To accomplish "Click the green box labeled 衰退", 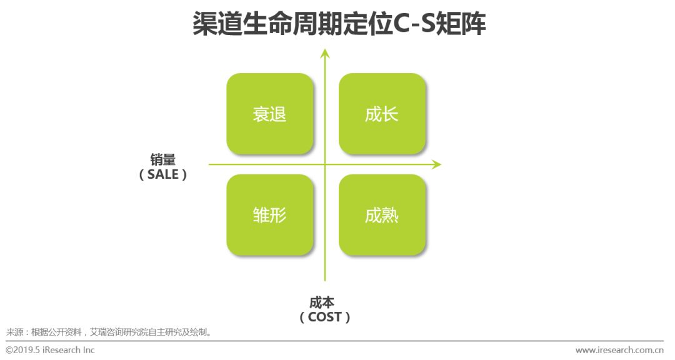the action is (x=269, y=114).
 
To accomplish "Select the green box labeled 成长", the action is (x=382, y=114).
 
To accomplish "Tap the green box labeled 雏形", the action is (x=269, y=215).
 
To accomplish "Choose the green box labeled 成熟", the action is (x=382, y=215).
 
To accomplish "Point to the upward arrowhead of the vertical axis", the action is (x=325, y=52).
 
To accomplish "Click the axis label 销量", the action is (x=162, y=159).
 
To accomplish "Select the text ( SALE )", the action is (x=162, y=175).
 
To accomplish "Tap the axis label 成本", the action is (x=325, y=302).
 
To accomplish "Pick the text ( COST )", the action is (x=325, y=317).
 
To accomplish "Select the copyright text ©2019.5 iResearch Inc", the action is (x=51, y=350).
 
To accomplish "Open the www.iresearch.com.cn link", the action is (x=619, y=350).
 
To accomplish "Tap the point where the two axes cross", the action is (x=325, y=164).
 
